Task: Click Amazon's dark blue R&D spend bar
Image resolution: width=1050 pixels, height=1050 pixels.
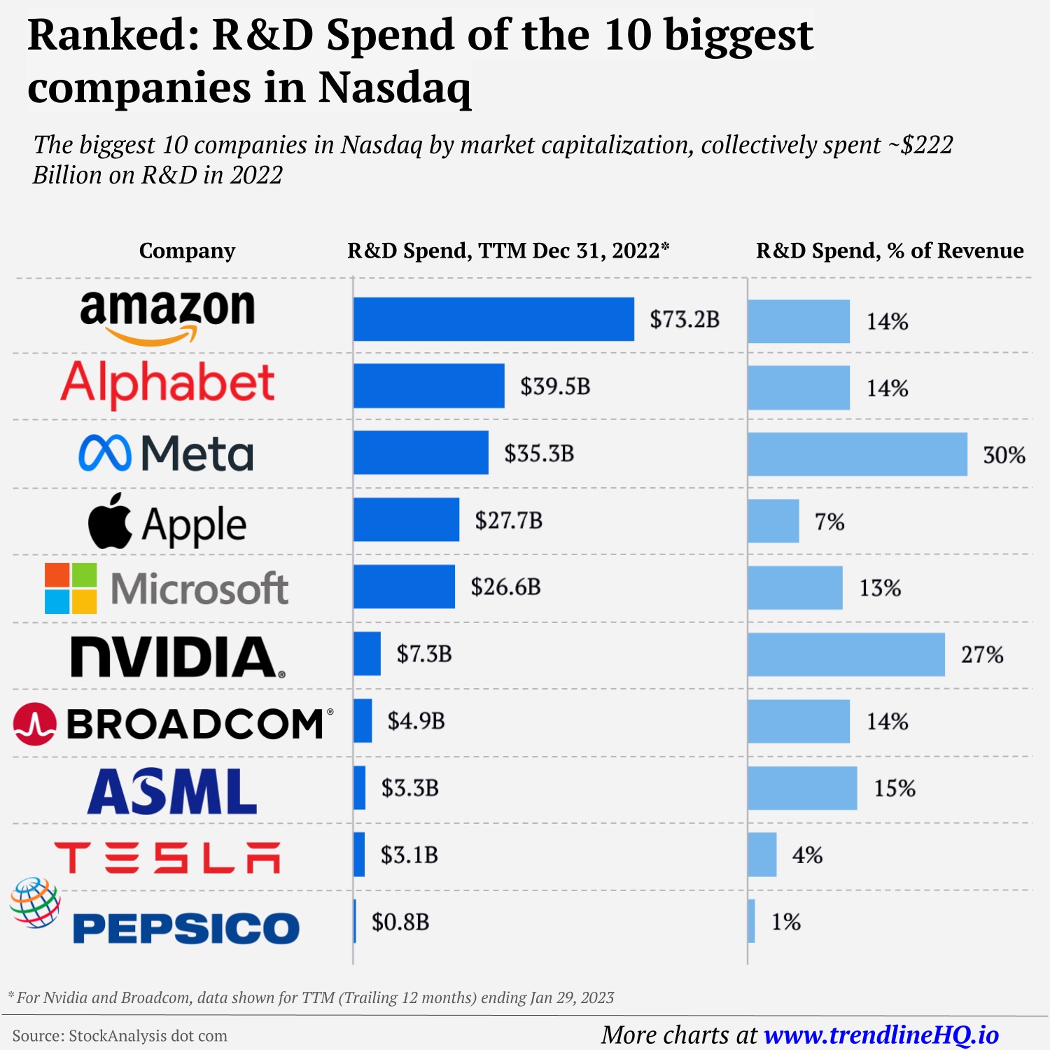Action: point(493,319)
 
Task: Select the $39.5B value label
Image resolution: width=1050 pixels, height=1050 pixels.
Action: point(555,386)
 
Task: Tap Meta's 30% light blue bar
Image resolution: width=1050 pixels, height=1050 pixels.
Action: point(857,454)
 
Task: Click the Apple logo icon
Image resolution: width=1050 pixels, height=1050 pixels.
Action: point(110,521)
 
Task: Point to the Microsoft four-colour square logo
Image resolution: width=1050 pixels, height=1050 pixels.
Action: point(71,588)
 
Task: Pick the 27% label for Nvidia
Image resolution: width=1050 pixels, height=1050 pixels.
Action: point(981,654)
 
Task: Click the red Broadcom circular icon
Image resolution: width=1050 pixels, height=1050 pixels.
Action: point(34,724)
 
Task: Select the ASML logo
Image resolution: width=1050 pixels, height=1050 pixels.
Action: point(172,791)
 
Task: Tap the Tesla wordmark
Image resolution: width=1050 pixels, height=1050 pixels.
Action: point(167,857)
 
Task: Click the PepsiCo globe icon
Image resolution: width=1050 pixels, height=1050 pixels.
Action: point(35,902)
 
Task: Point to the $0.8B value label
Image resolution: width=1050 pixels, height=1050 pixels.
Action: point(400,922)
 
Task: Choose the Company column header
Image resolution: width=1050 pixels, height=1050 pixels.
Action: point(187,251)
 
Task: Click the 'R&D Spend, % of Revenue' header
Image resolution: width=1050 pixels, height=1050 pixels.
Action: point(890,251)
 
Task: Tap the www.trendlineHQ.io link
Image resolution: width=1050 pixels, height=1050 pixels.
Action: point(881,1035)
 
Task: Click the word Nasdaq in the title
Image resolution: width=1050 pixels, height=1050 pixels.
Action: point(394,88)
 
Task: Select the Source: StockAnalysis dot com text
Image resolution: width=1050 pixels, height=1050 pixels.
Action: point(120,1036)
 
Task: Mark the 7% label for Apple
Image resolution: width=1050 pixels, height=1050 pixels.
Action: point(829,521)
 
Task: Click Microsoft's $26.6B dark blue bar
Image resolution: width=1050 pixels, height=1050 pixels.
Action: point(404,587)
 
